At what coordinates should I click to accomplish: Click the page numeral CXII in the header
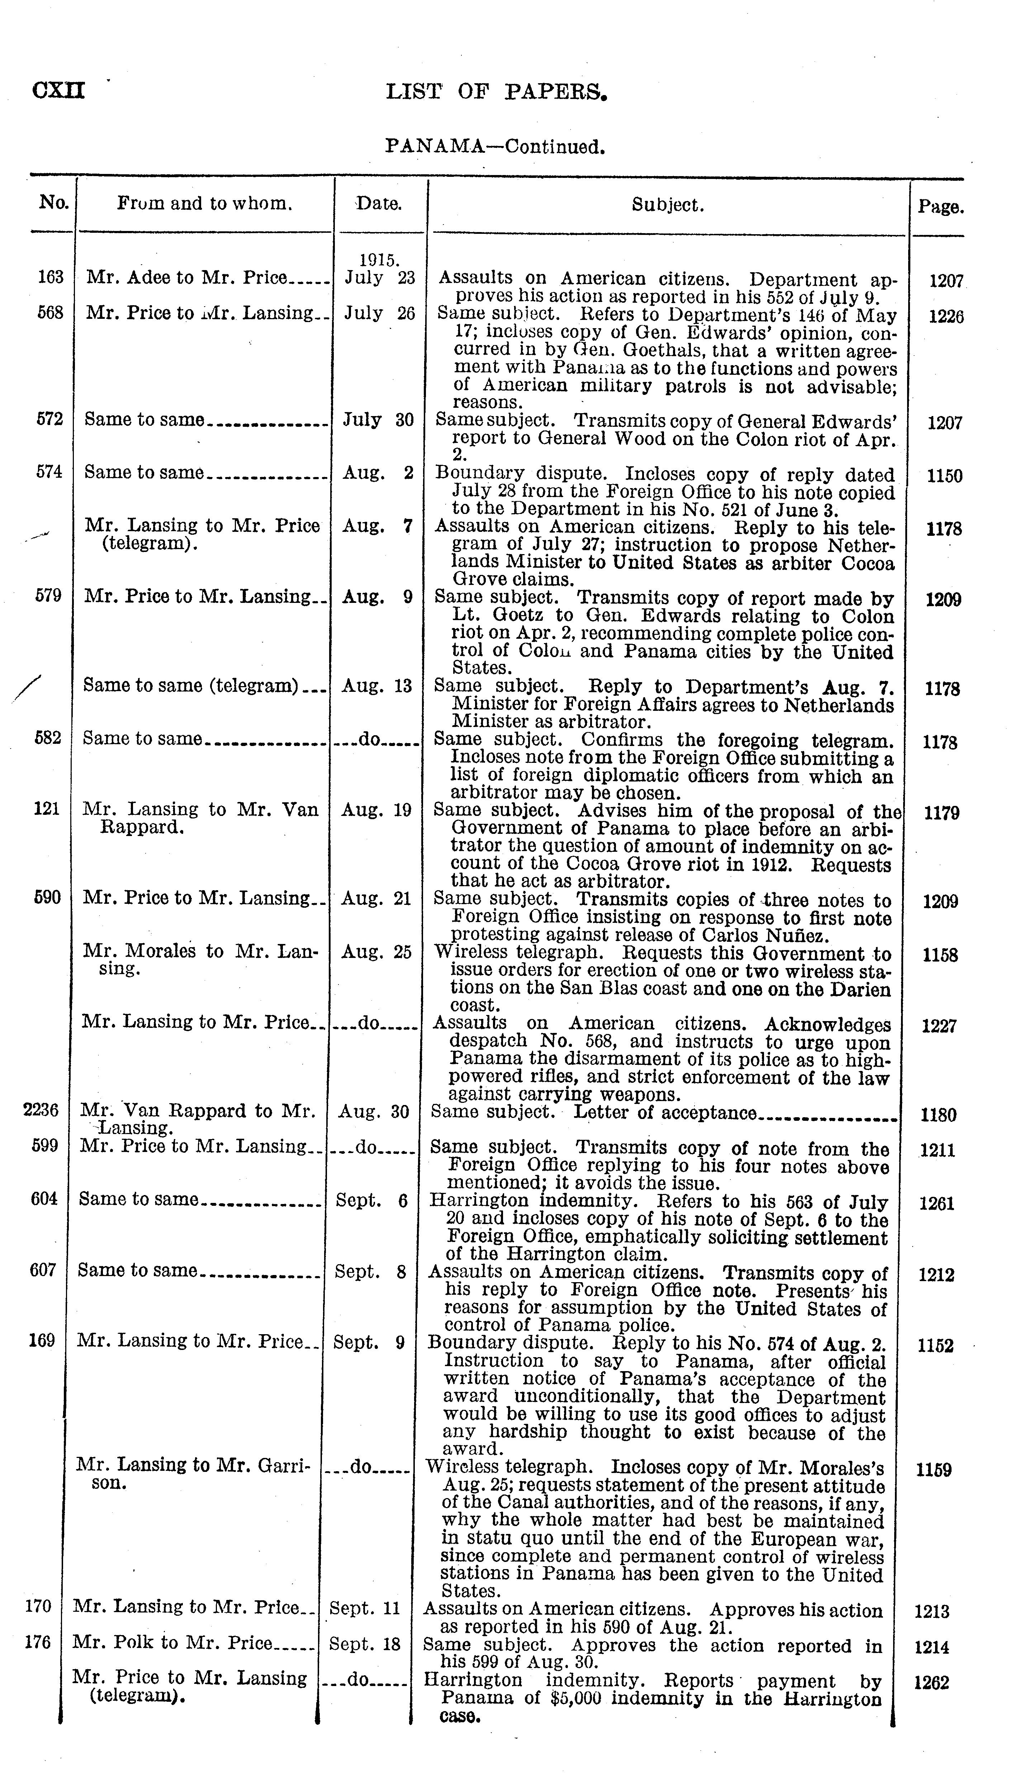[59, 91]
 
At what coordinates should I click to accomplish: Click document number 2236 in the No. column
[41, 1110]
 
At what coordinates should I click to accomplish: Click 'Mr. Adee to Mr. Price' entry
[186, 278]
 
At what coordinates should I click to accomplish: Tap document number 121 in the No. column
[47, 809]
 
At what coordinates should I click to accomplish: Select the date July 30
[378, 420]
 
